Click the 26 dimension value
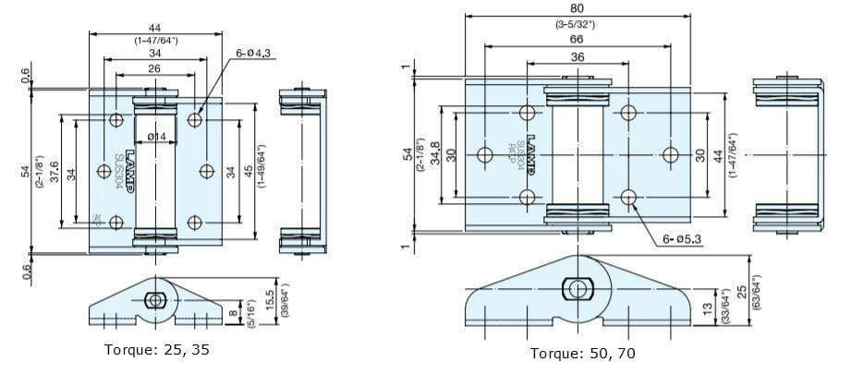[154, 68]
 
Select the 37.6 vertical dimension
[55, 172]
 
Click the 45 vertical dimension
[248, 172]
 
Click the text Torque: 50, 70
[582, 353]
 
